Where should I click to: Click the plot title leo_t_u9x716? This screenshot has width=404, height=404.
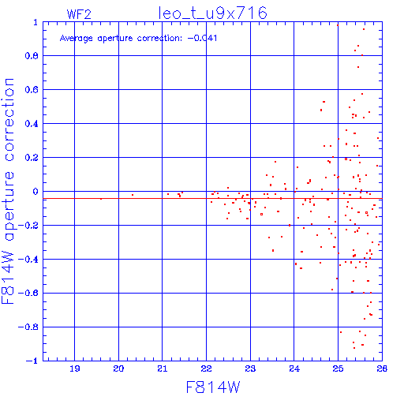[x=212, y=13]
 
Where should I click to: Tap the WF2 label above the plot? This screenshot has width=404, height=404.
[x=79, y=14]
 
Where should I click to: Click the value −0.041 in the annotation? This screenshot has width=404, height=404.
[x=202, y=38]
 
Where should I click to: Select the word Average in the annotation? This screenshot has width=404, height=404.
[x=77, y=39]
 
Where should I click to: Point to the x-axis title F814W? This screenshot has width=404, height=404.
[x=213, y=387]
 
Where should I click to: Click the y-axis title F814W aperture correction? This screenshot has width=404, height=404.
[x=9, y=191]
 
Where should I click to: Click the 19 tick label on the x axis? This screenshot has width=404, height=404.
[x=75, y=368]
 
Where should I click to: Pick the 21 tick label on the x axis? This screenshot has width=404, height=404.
[x=163, y=368]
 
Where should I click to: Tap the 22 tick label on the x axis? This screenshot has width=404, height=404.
[x=206, y=368]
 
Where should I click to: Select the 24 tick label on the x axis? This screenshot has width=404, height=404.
[x=294, y=368]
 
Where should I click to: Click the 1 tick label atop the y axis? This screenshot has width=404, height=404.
[x=36, y=22]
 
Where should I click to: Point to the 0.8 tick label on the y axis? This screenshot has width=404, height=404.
[x=32, y=56]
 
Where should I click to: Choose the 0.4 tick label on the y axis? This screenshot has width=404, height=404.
[x=32, y=124]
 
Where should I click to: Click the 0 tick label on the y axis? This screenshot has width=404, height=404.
[x=36, y=192]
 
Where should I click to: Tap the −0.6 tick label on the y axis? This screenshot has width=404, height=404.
[x=28, y=293]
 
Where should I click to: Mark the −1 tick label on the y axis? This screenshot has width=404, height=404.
[x=32, y=361]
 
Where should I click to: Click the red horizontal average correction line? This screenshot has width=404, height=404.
[x=212, y=198]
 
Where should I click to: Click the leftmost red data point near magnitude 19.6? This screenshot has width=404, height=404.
[x=101, y=199]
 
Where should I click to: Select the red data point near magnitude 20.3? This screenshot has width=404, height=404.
[x=133, y=195]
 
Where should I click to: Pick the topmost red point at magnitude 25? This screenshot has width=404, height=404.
[x=338, y=25]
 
